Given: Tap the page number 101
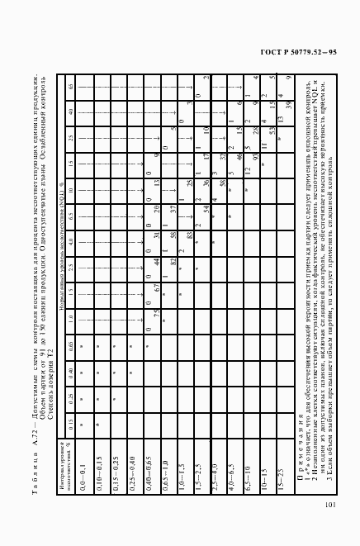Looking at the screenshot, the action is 330,506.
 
